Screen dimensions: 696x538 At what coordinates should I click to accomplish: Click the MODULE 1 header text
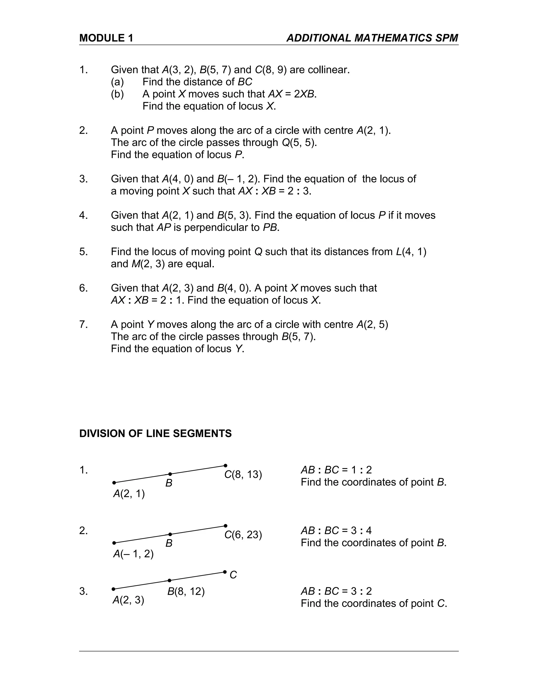(x=106, y=38)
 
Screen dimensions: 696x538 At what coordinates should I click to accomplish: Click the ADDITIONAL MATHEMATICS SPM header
(x=372, y=38)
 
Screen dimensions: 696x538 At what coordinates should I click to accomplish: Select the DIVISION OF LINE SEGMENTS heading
(x=155, y=434)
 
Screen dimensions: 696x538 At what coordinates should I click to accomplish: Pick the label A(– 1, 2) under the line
(x=133, y=554)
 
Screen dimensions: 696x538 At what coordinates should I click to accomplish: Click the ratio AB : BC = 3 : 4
(x=336, y=531)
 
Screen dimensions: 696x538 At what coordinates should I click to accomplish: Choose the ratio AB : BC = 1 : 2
(x=336, y=470)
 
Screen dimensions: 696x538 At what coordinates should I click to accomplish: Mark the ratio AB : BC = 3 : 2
(x=336, y=591)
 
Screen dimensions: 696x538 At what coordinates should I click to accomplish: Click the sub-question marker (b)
(x=117, y=94)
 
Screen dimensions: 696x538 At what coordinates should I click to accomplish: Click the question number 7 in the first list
(x=83, y=324)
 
